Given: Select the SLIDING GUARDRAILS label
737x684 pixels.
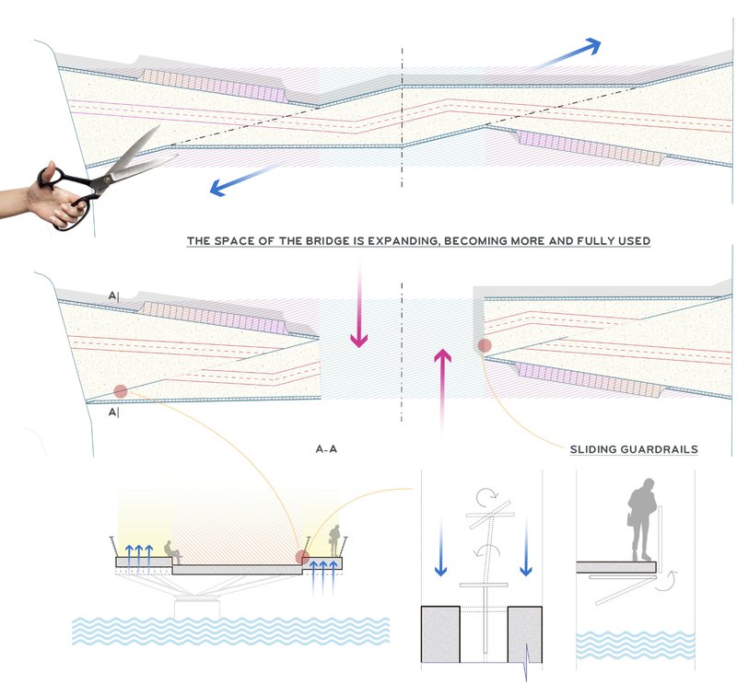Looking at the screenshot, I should tap(632, 449).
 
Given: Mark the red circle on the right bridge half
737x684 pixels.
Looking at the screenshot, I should tap(485, 346).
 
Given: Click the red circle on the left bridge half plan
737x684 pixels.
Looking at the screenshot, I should tap(120, 391).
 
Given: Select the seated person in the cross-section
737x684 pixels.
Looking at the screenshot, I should tap(170, 551).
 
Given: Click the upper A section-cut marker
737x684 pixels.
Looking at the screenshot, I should tap(112, 296).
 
